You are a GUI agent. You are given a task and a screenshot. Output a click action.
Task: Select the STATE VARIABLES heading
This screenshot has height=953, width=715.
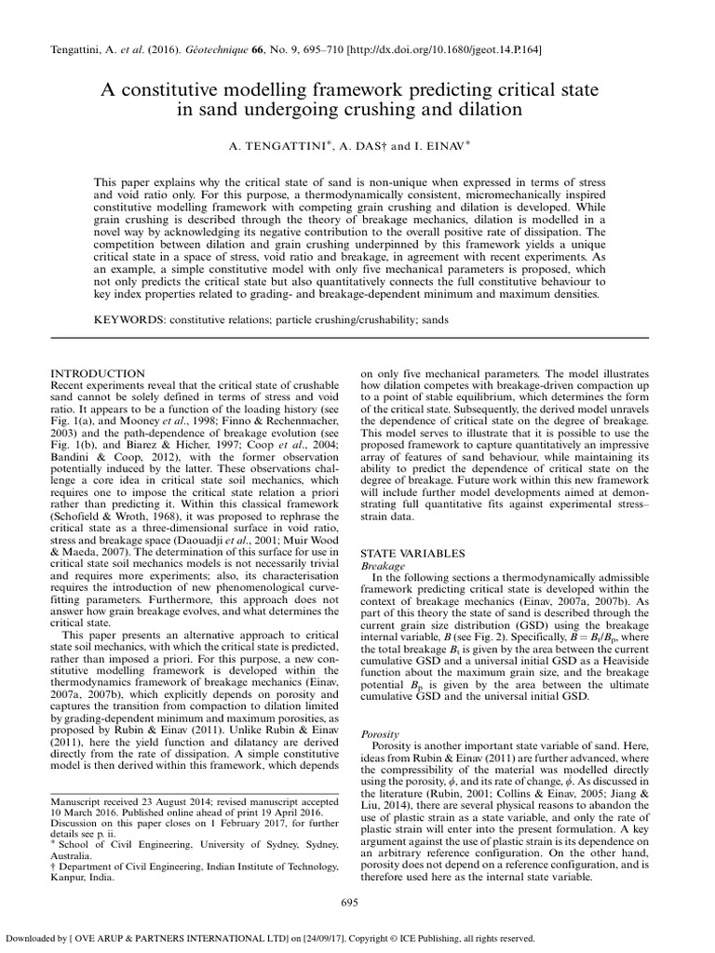pos(412,554)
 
